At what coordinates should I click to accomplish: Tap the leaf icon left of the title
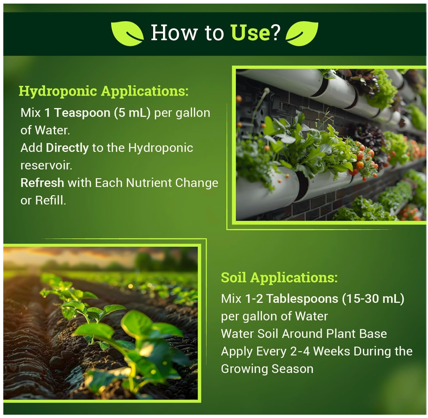click(127, 33)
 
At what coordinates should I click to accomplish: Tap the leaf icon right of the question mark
click(302, 33)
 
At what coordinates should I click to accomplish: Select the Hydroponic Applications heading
click(104, 91)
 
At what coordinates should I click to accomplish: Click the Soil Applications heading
click(279, 277)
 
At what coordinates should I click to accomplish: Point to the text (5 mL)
click(132, 113)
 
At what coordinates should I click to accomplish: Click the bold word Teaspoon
click(82, 113)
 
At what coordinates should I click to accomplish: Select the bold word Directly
click(67, 148)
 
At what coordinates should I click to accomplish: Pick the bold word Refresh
click(42, 183)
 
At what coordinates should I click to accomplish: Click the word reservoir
click(46, 165)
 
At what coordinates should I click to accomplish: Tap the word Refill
click(50, 200)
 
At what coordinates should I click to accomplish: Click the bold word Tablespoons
click(302, 299)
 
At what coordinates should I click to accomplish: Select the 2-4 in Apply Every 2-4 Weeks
click(300, 351)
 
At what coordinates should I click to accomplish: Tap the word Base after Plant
click(373, 334)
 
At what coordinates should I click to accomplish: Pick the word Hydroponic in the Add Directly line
click(160, 148)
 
